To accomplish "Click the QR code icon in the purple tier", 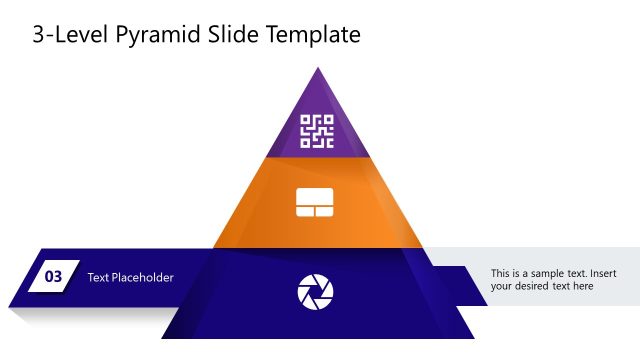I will [317, 131].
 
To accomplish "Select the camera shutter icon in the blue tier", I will [316, 291].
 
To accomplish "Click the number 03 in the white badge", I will [54, 277].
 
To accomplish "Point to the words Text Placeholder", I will [130, 277].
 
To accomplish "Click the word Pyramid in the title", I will [157, 37].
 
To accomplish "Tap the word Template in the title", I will [314, 37].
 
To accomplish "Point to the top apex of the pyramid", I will [318, 68].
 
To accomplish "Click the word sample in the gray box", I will [544, 273].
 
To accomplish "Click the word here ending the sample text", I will [583, 286].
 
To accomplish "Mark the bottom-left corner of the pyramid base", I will [162, 338].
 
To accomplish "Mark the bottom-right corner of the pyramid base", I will [474, 338].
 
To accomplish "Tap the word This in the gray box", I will [502, 273].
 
